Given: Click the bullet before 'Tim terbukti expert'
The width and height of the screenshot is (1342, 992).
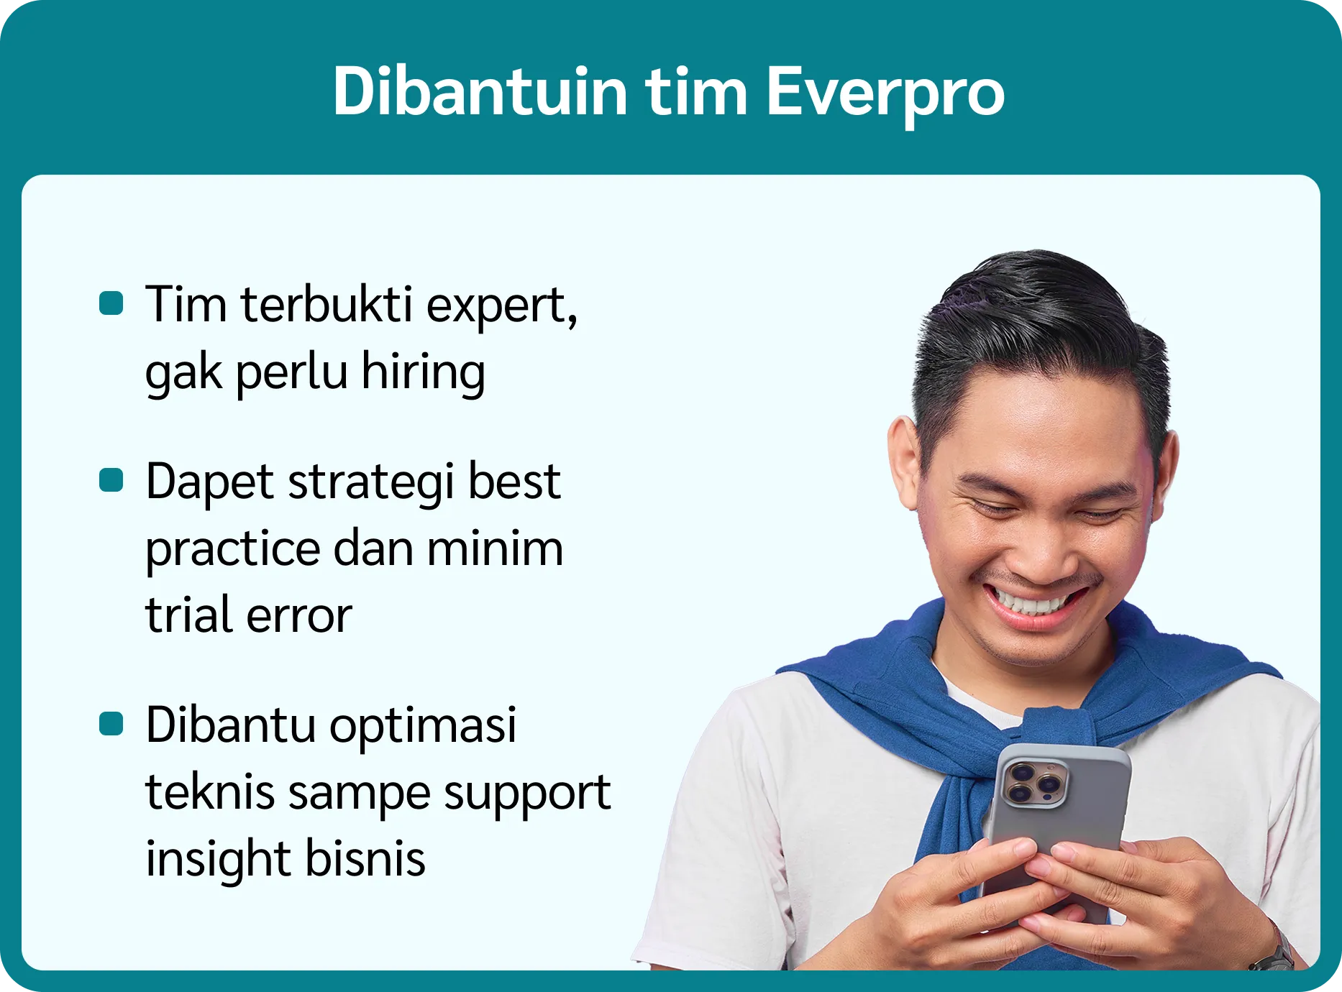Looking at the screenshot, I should [x=111, y=303].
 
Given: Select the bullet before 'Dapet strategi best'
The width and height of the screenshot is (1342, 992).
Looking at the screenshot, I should [x=111, y=479].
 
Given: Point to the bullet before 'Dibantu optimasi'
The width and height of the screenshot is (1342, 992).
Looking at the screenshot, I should [x=111, y=724].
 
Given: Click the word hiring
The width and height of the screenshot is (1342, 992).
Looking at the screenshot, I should [x=423, y=372].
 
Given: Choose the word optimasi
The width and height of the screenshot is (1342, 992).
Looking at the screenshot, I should [x=423, y=726].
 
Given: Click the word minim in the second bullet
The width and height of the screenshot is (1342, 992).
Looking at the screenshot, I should [x=495, y=548].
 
